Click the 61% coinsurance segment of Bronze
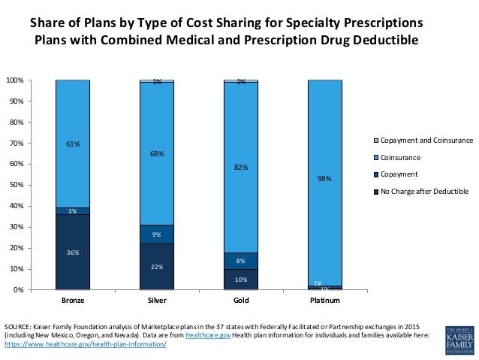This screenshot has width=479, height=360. tap(73, 143)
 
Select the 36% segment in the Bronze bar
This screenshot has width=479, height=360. tap(73, 252)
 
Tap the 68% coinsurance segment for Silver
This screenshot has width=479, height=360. tap(157, 153)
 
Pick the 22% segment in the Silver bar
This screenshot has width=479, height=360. tap(157, 266)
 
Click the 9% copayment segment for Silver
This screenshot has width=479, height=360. tap(157, 234)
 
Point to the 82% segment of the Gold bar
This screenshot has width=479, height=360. tap(241, 168)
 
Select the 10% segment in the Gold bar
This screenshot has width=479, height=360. tap(241, 279)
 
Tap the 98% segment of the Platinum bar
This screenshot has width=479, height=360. tap(325, 179)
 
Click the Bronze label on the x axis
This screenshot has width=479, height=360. tap(73, 301)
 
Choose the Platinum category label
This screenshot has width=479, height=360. tap(325, 301)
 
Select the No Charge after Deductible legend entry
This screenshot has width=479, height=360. tap(424, 191)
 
